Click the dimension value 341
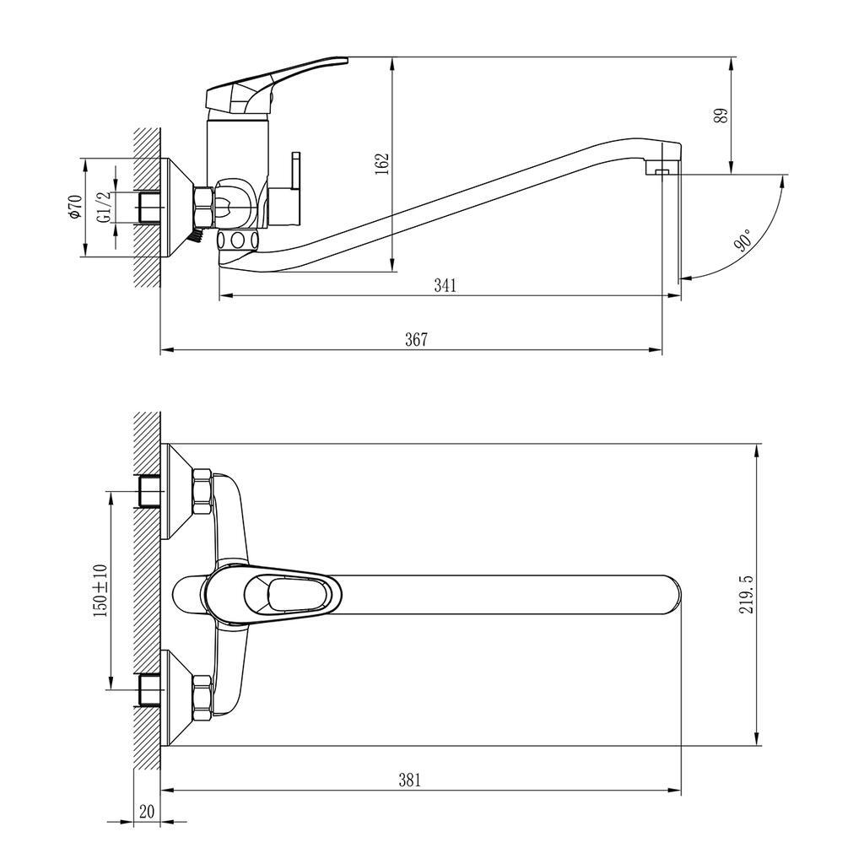pos(445,285)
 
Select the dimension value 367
pos(416,339)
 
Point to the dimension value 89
pos(720,116)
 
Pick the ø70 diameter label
pos(74,207)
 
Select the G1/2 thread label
pos(103,207)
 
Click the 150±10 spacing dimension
pos(101,591)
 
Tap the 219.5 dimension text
pos(746,594)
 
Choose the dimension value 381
pos(409,780)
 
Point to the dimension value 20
pos(147,812)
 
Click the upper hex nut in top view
pos(202,493)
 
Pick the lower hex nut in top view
pos(202,697)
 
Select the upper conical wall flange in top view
pos(179,492)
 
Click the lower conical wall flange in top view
pos(179,698)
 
